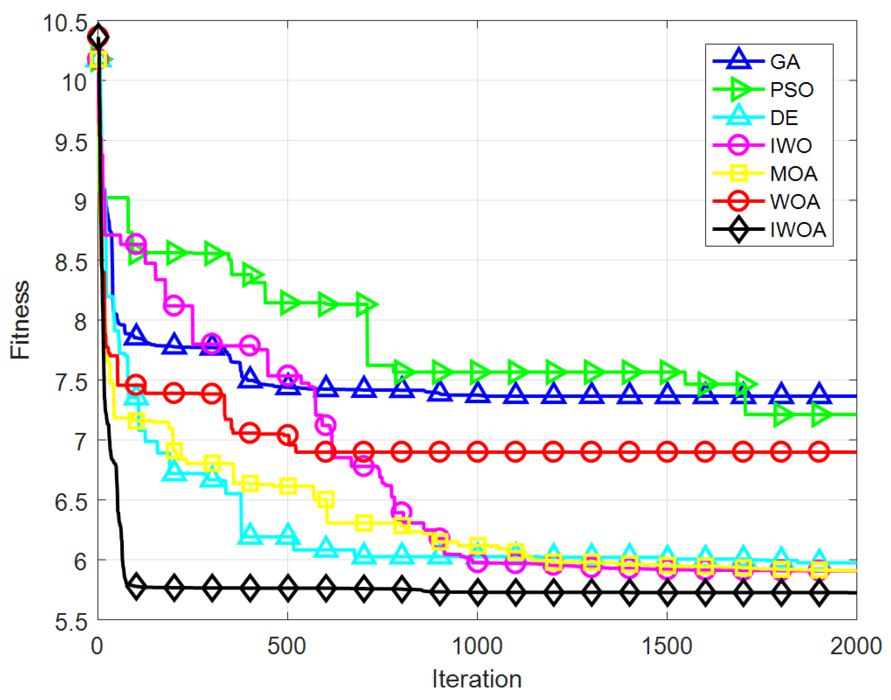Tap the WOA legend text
(x=795, y=202)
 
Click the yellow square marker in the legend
(x=738, y=173)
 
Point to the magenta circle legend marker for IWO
(x=738, y=146)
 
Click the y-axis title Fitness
(x=20, y=320)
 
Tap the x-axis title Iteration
(x=477, y=680)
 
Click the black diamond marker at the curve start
(x=98, y=37)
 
